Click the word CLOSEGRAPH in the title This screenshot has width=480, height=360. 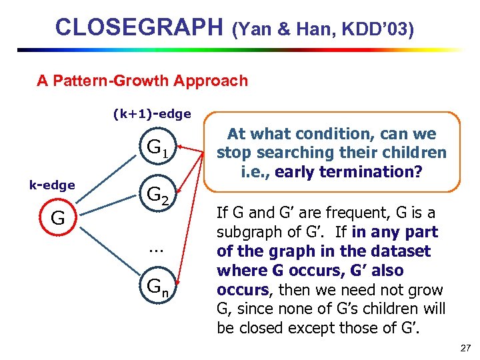pos(139,27)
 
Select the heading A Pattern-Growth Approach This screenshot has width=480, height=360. pos(142,81)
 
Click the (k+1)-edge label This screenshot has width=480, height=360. pos(152,114)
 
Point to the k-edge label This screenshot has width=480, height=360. pos(51,185)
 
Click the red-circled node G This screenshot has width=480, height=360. pos(58,218)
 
